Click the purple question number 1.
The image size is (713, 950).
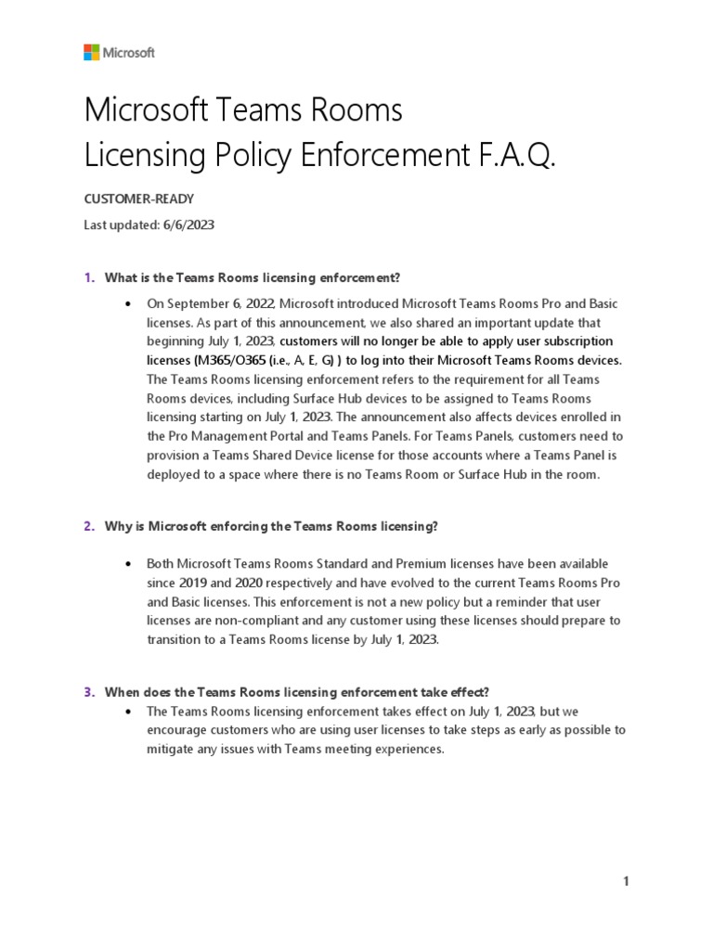89,277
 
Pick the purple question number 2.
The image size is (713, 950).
89,526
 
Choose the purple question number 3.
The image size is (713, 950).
89,691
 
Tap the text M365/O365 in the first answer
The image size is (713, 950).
223,360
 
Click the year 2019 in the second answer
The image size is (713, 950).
193,582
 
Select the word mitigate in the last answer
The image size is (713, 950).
172,749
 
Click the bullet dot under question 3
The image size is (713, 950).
126,711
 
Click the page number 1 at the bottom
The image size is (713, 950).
627,881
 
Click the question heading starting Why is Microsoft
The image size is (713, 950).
271,526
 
